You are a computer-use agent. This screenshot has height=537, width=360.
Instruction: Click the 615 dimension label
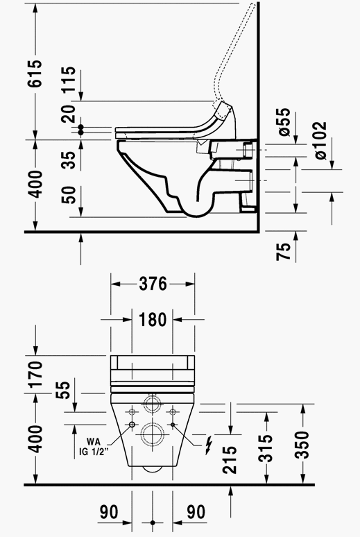pyautogui.click(x=35, y=74)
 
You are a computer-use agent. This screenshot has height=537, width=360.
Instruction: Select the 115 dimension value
pyautogui.click(x=69, y=79)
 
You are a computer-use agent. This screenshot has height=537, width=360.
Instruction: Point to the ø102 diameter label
pyautogui.click(x=320, y=140)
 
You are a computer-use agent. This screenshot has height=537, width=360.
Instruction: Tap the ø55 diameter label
pyautogui.click(x=284, y=122)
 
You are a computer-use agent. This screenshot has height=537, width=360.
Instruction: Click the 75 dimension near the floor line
pyautogui.click(x=284, y=251)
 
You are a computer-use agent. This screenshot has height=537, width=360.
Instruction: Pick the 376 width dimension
pyautogui.click(x=153, y=284)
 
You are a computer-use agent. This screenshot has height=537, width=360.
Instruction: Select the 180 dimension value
pyautogui.click(x=153, y=320)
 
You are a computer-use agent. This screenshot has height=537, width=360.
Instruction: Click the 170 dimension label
pyautogui.click(x=35, y=374)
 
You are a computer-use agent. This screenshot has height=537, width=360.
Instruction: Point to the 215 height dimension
pyautogui.click(x=230, y=459)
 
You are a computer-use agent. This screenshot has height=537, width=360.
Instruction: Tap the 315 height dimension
pyautogui.click(x=266, y=448)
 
